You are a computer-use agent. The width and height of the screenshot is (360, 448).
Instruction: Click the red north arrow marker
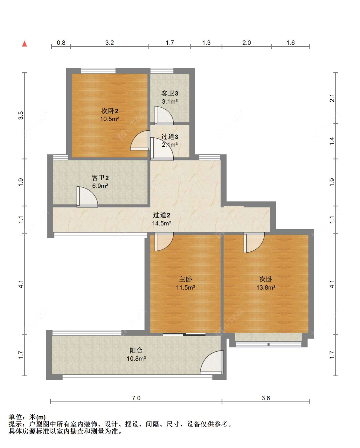(25, 44)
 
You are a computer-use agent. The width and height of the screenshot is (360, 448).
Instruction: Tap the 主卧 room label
(185, 279)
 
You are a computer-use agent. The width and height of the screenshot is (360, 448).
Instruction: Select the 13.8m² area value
(266, 288)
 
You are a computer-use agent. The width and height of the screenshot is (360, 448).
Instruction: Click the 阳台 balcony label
(136, 350)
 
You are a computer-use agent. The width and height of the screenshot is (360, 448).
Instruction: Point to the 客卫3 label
(170, 93)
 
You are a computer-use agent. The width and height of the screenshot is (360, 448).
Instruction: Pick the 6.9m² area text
(100, 186)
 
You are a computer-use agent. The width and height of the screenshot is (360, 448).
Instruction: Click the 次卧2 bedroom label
(110, 111)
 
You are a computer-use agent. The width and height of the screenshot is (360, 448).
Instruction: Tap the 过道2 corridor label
(162, 215)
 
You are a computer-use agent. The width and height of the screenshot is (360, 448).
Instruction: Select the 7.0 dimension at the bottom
(136, 398)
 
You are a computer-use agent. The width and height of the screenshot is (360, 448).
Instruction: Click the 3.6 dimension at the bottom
(266, 398)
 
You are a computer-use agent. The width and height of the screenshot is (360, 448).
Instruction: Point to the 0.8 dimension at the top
(61, 43)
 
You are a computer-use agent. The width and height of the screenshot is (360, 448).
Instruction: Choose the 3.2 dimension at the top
(109, 43)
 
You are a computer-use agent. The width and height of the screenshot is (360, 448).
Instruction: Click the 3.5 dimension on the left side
(21, 116)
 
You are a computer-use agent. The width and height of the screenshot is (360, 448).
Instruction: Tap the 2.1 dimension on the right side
(332, 98)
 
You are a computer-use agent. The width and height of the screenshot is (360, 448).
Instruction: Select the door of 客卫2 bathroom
(87, 197)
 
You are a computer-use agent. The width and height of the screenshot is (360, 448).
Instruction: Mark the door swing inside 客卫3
(164, 116)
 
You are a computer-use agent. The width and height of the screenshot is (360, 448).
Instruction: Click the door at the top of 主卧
(164, 242)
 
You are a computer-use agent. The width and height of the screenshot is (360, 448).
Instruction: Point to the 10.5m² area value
(110, 119)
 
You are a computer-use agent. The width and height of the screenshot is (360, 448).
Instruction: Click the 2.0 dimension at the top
(247, 43)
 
